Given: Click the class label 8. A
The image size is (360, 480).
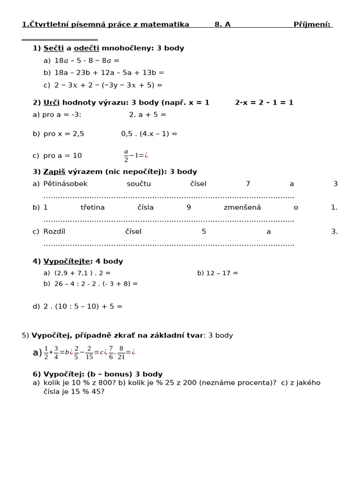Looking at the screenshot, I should click(x=222, y=24).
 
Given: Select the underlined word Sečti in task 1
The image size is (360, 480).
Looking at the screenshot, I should click(x=53, y=48).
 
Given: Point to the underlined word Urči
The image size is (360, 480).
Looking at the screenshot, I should click(x=52, y=102).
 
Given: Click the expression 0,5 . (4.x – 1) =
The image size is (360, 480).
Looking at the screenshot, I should click(x=149, y=134).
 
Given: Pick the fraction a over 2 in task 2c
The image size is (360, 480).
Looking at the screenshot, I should click(x=126, y=156).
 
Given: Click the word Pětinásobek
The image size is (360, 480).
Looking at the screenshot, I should click(x=65, y=184).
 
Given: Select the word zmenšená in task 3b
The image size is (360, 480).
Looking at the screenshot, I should click(x=242, y=207).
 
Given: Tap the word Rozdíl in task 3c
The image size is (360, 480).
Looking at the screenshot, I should click(x=55, y=231).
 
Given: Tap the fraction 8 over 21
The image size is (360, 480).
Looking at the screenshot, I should click(x=121, y=352).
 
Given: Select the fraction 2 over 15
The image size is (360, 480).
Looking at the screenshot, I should click(x=89, y=352).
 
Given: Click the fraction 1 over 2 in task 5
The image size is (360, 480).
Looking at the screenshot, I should click(x=46, y=352).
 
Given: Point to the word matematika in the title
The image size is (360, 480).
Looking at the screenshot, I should click(x=167, y=24).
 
